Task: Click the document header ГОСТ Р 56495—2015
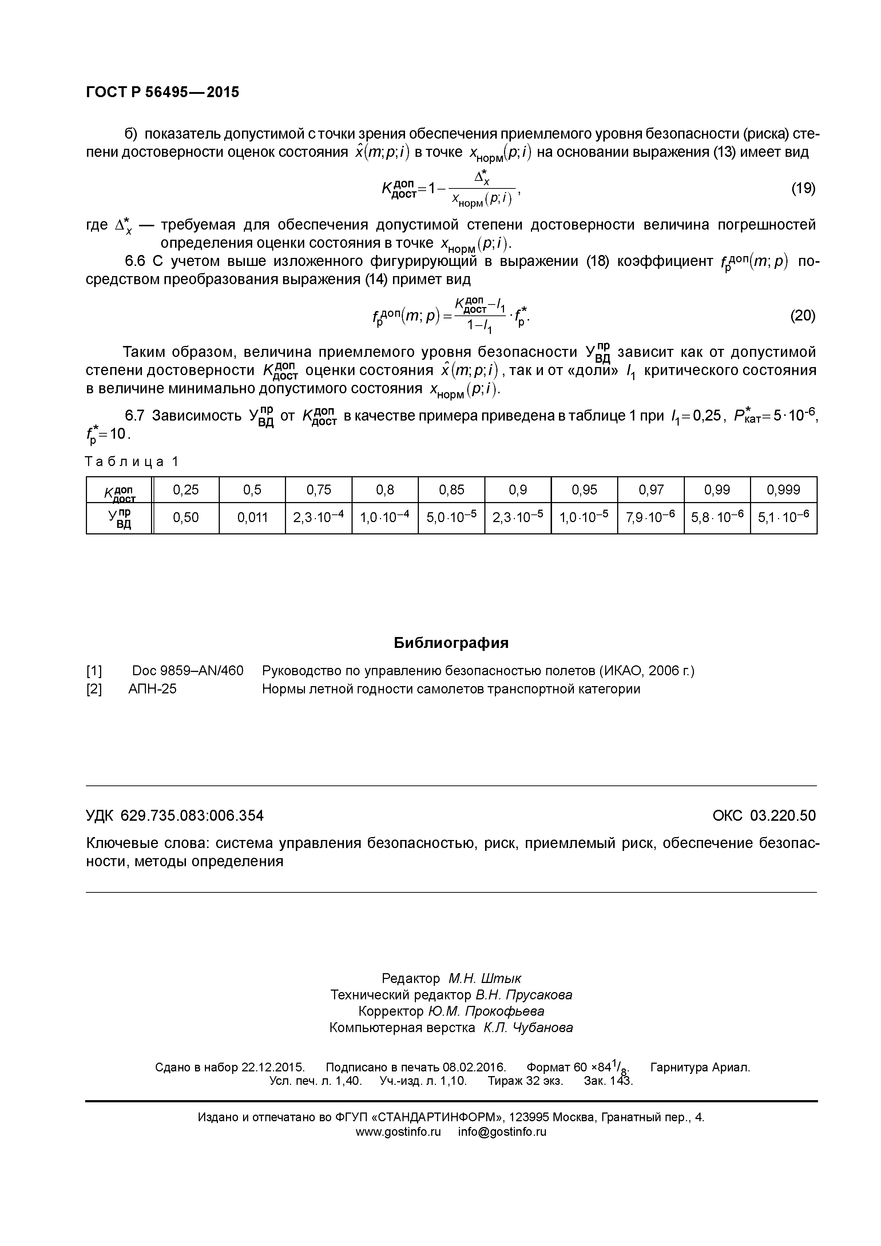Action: pos(162,92)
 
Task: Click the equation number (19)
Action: pos(802,188)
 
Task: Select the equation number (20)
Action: pos(802,316)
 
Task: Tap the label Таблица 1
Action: pos(132,461)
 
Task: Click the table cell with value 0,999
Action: pos(783,490)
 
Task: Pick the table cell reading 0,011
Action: pos(253,518)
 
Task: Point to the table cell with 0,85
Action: pos(452,490)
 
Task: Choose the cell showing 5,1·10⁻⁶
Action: pos(783,518)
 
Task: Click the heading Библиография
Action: pos(451,643)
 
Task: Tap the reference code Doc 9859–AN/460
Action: pos(188,671)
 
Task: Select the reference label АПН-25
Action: pos(152,689)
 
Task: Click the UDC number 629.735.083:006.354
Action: pos(192,816)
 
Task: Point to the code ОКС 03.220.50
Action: pos(764,816)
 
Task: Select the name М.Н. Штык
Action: pos(485,979)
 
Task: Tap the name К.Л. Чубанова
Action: pos(528,1028)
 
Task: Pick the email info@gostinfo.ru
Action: pos(502,1132)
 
